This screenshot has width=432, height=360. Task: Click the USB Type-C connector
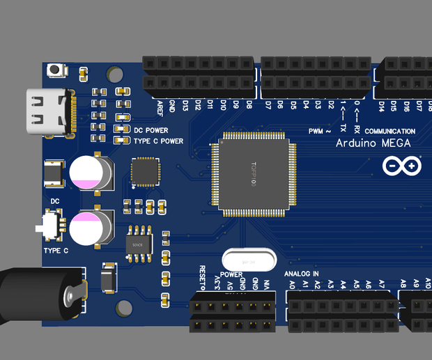point(47,113)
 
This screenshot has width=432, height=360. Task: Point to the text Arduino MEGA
point(373,143)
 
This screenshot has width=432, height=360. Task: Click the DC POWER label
point(151,130)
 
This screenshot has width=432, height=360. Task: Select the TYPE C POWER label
point(158,141)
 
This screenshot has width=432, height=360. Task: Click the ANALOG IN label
point(302,274)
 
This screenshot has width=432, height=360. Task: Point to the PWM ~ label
point(319,131)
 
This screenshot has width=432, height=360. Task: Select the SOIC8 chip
point(138,244)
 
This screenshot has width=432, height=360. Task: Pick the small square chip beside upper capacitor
point(146,171)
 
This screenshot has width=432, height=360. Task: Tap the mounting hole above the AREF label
point(115,74)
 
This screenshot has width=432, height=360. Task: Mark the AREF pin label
point(160,107)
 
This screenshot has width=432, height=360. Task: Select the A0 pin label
point(292,285)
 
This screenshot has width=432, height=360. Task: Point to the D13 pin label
point(185,106)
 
